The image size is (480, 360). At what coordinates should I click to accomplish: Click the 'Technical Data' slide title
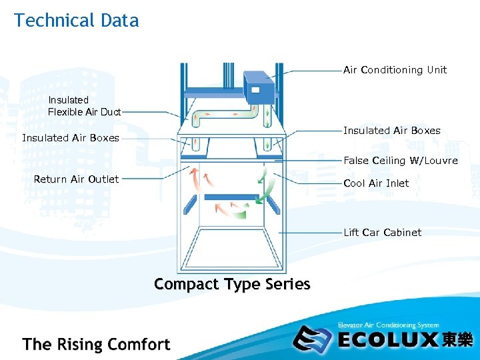[x=76, y=21]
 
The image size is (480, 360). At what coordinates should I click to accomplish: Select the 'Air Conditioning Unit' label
[x=395, y=70]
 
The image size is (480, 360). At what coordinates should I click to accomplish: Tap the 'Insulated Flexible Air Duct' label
[x=84, y=106]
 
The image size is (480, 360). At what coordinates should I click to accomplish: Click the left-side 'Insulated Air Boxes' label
[x=71, y=138]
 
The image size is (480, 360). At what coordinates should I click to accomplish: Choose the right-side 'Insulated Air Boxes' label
[x=391, y=131]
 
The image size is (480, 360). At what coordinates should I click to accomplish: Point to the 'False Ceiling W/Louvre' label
[x=400, y=161]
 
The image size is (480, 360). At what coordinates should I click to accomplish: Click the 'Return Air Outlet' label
[x=76, y=179]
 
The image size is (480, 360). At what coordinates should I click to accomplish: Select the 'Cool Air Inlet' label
[x=376, y=183]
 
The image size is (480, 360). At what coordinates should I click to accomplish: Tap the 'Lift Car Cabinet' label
[x=382, y=233]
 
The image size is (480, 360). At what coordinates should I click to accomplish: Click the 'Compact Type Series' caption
[x=232, y=284]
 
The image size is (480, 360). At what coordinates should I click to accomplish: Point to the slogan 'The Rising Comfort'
[x=96, y=345]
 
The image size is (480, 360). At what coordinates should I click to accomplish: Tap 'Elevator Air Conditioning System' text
[x=388, y=325]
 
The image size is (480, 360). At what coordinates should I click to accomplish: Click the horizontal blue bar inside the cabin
[x=231, y=197]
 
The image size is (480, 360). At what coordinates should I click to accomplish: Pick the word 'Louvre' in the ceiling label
[x=441, y=161]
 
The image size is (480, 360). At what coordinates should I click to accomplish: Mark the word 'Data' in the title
[x=120, y=21]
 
